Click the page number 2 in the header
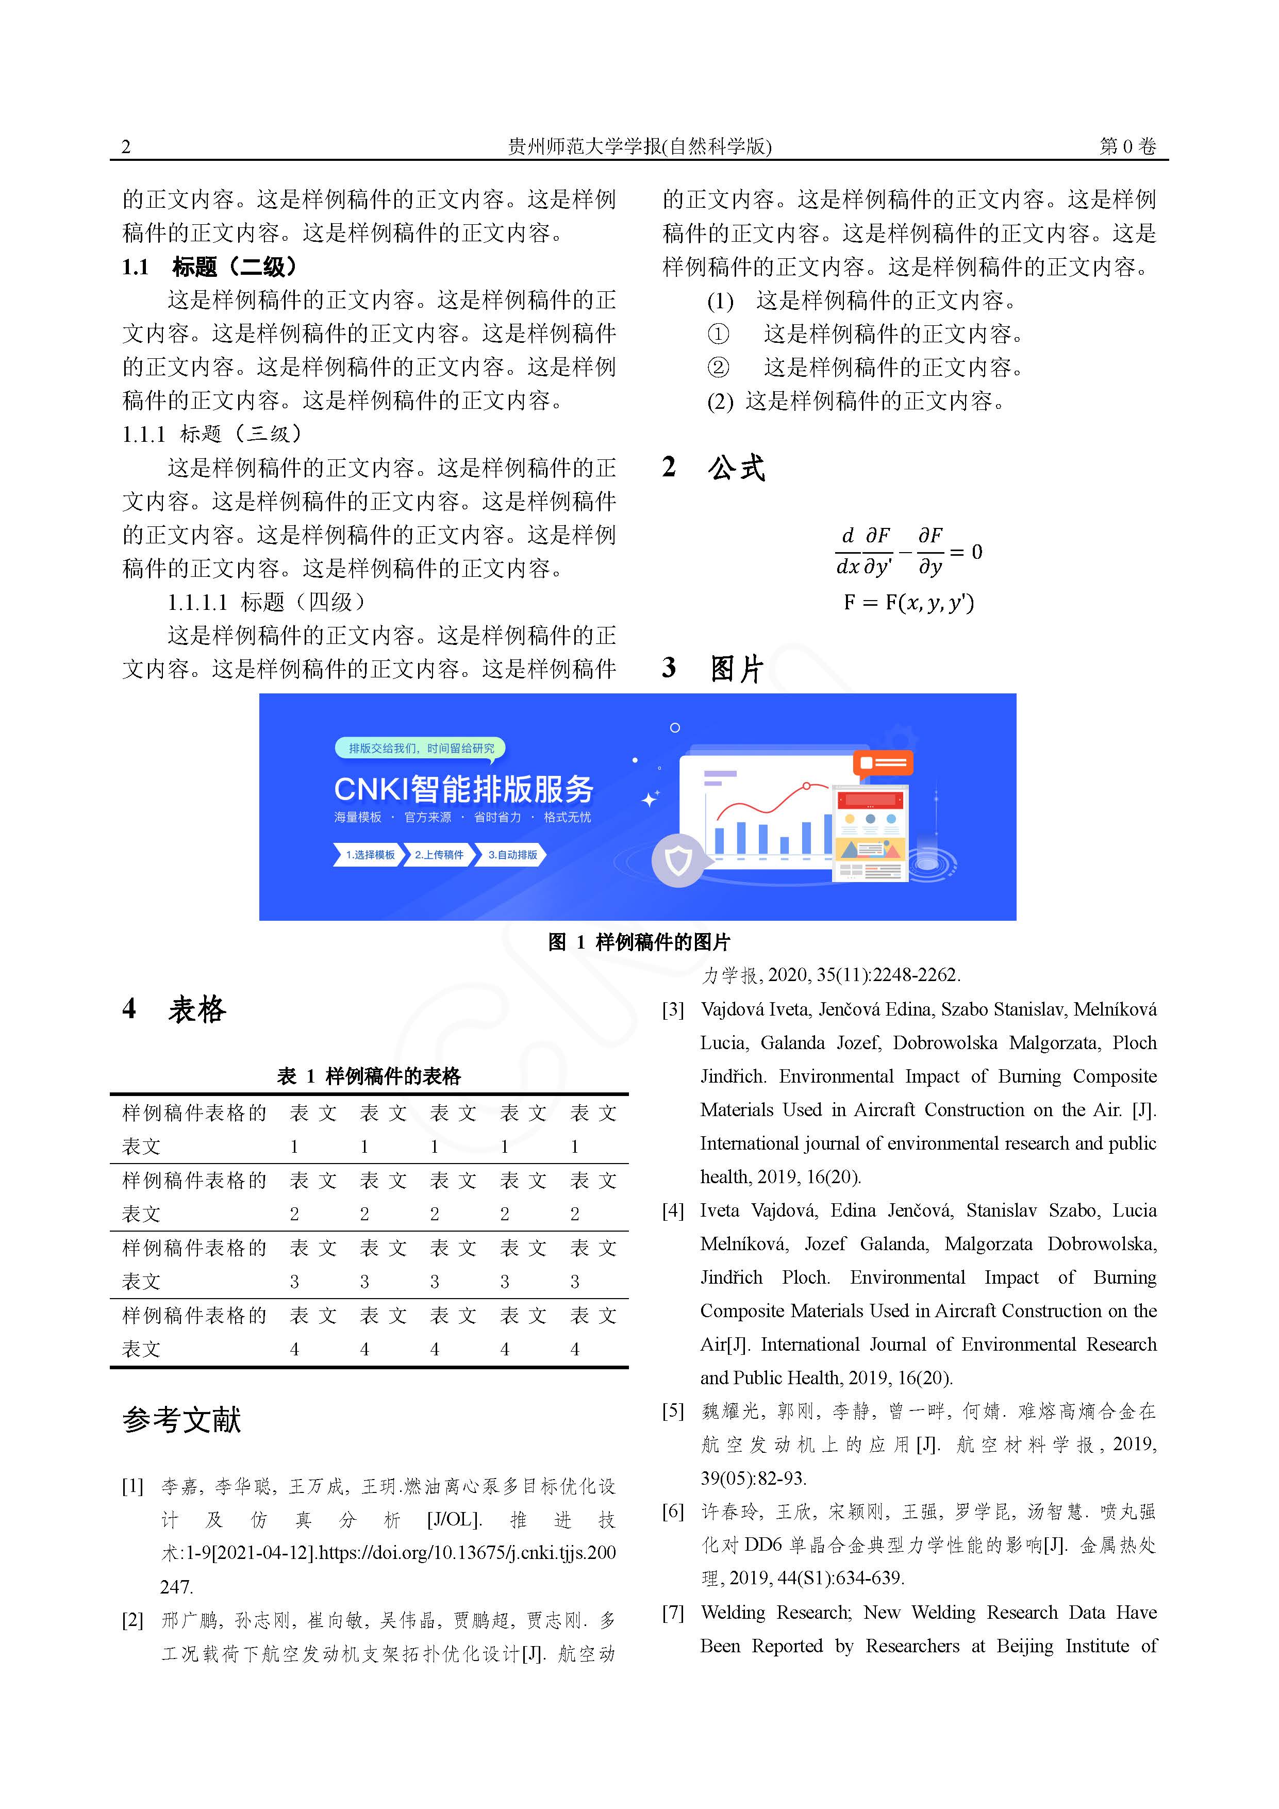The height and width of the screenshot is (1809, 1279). [126, 146]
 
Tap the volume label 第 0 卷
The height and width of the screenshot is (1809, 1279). [1127, 146]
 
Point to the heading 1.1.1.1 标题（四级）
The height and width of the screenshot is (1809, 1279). [267, 602]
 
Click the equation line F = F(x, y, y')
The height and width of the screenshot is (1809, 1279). [908, 603]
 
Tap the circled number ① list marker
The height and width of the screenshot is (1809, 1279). [718, 334]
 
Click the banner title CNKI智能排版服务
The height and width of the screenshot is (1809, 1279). [463, 789]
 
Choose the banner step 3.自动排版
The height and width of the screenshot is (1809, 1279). [512, 855]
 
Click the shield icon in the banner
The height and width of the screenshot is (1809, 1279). [678, 860]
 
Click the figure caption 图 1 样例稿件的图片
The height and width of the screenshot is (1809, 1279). [639, 942]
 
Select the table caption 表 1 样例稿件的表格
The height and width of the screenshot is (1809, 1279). [369, 1076]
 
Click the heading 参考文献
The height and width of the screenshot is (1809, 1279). [181, 1420]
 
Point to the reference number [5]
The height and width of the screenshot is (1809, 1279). [673, 1410]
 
